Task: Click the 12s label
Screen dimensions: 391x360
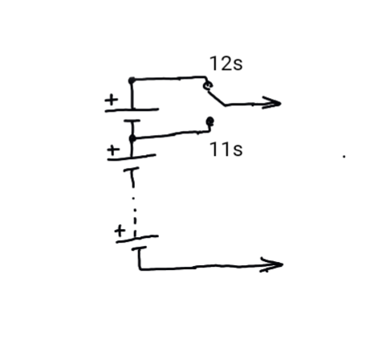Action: [226, 63]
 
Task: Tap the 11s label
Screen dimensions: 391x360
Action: [226, 149]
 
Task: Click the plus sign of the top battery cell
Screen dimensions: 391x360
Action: [111, 100]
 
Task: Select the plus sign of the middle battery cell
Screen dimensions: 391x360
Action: [113, 150]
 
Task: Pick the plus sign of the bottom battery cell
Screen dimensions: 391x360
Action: [120, 231]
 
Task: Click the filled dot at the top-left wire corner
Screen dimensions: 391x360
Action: [132, 80]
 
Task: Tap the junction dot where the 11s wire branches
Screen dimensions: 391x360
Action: [132, 138]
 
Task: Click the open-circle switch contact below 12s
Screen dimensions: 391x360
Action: [208, 86]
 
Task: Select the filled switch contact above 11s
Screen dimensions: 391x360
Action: [210, 121]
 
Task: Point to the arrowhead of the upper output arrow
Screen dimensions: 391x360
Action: [273, 103]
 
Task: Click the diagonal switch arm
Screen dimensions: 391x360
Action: [216, 98]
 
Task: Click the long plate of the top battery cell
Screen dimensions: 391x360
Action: [132, 110]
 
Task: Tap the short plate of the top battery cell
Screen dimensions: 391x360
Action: [132, 121]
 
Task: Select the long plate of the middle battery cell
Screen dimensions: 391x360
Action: [132, 157]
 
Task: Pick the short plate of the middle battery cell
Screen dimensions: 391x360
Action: [131, 169]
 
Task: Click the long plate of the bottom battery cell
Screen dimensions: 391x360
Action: [137, 239]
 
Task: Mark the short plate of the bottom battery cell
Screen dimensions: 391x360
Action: [139, 248]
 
